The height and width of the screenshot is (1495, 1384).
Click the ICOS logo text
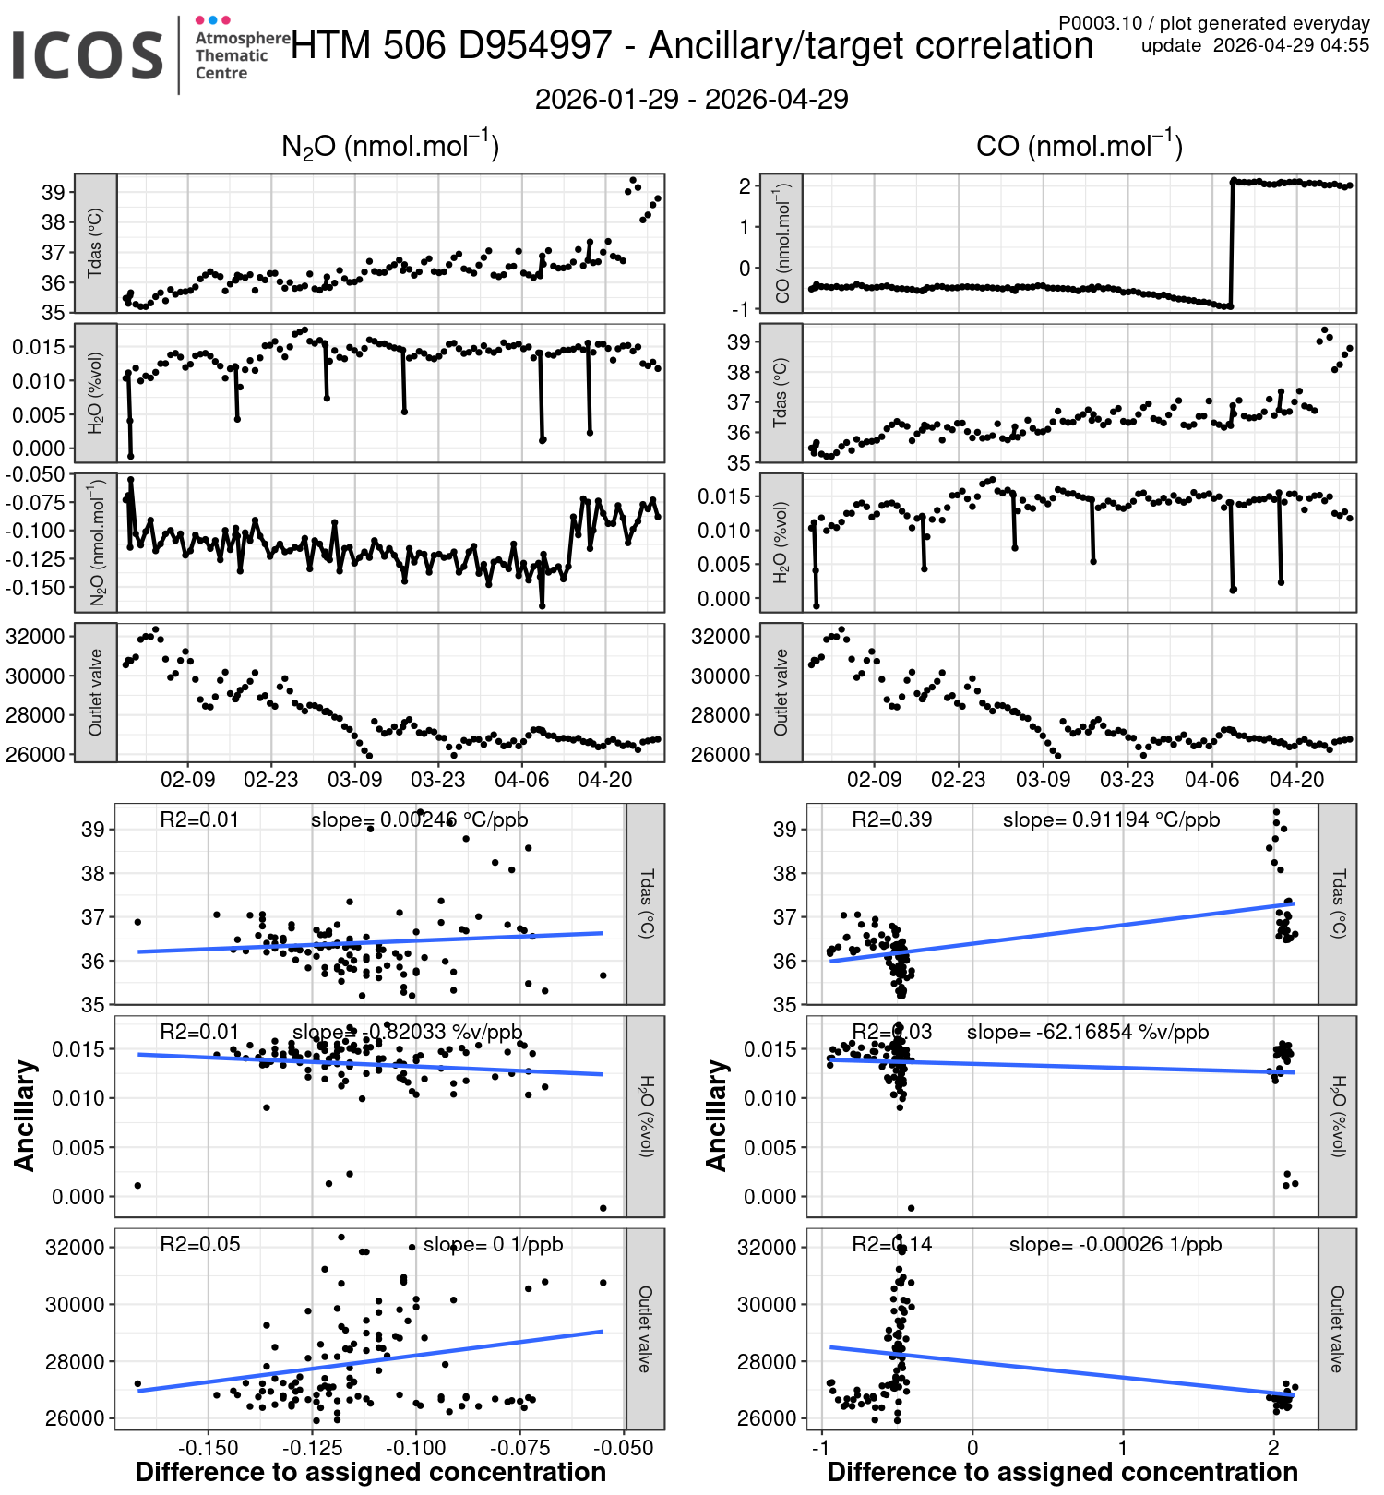coord(88,55)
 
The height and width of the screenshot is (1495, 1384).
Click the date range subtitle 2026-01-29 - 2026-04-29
coord(691,100)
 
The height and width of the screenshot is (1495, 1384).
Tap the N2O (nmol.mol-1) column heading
coord(389,147)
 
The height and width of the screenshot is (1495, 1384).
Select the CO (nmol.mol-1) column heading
coord(1079,147)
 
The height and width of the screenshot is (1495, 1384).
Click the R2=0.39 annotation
coord(891,819)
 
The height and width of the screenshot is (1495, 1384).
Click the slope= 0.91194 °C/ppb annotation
coord(1111,819)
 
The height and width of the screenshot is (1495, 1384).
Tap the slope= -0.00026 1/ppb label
coord(1115,1244)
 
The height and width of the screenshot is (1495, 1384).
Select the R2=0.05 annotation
coord(199,1244)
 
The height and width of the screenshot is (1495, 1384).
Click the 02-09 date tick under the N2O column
coord(188,780)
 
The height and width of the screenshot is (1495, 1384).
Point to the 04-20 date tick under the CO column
coord(1296,780)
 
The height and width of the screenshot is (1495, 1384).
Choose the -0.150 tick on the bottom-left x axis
coord(208,1447)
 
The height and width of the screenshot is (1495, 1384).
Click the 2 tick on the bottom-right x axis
coord(1273,1447)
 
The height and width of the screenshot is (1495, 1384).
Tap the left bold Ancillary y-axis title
coord(25,1116)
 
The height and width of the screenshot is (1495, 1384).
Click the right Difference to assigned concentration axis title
coord(1062,1472)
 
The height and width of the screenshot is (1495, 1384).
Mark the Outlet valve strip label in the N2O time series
coord(95,692)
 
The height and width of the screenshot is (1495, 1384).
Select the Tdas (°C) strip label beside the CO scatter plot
coord(1338,903)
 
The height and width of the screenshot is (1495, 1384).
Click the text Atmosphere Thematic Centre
coord(242,55)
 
